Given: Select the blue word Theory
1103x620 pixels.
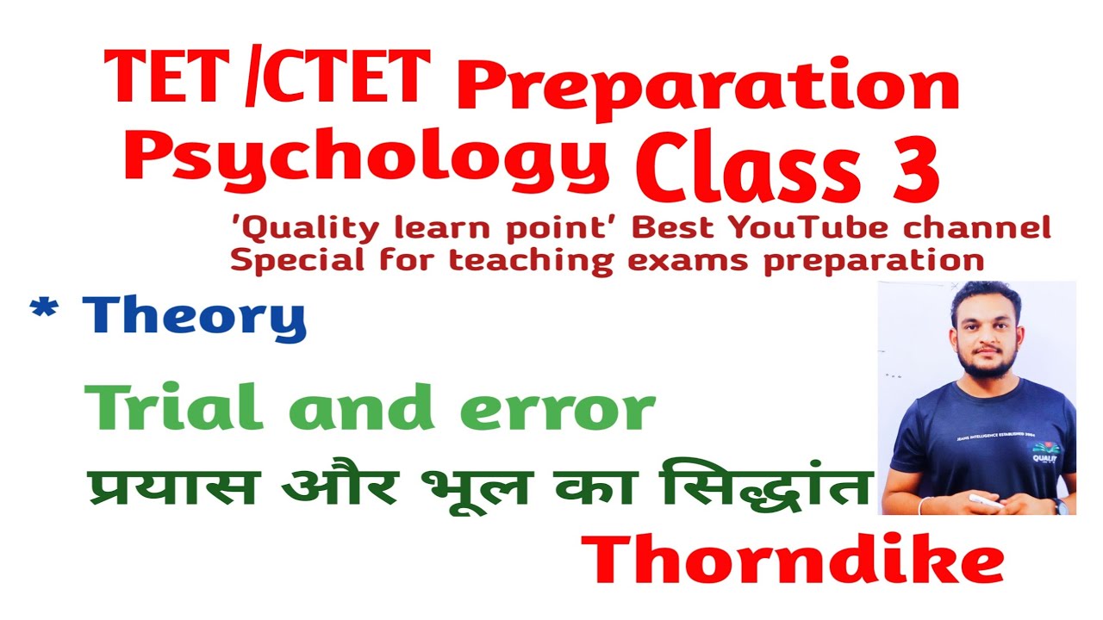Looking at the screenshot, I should [x=195, y=318].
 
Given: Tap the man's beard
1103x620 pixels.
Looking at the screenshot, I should [x=986, y=363].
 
